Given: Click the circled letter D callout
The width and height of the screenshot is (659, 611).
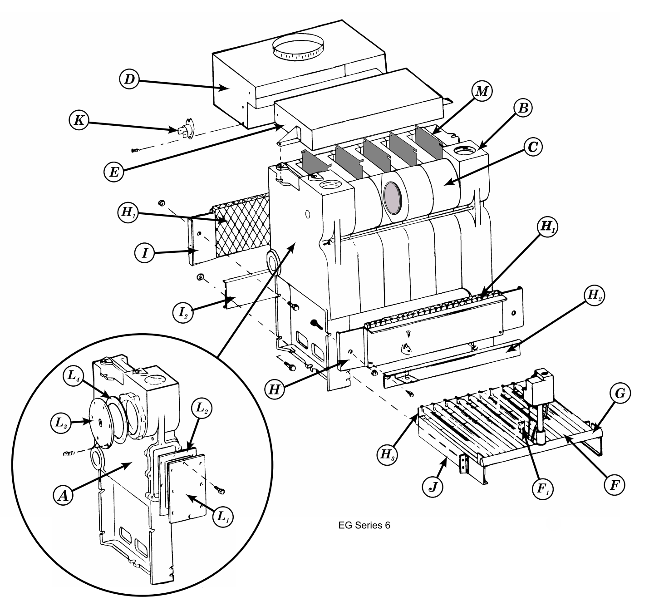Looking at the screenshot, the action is [x=129, y=79].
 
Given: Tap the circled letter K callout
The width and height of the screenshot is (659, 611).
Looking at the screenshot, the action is [x=79, y=120].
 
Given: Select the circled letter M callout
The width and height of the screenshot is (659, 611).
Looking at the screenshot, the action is [x=482, y=91].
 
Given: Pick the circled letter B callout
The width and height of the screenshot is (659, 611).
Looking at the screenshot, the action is [x=523, y=108].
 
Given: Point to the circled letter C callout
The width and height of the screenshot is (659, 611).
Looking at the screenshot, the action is [x=532, y=147].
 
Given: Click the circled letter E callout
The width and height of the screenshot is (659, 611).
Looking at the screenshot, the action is [x=114, y=172].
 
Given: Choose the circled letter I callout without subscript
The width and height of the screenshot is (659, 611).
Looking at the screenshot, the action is [x=144, y=253].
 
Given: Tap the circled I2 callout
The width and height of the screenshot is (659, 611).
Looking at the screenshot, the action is [x=183, y=312].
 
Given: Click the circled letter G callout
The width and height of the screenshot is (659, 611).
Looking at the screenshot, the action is [x=620, y=394].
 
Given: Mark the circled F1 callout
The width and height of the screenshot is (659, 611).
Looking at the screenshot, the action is [x=542, y=488].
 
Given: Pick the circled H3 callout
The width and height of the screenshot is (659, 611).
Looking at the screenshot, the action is [x=388, y=454].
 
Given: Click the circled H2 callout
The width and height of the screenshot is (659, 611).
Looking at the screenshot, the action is [x=594, y=296].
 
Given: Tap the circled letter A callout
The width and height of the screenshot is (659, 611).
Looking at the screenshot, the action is [x=63, y=496].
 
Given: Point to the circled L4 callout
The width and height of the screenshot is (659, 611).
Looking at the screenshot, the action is [x=73, y=377].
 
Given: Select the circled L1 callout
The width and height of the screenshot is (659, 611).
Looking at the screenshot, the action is [x=223, y=517].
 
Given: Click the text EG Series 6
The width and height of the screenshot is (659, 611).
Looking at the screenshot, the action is [x=364, y=525].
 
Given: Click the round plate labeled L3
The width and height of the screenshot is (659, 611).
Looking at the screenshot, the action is [x=100, y=422].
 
